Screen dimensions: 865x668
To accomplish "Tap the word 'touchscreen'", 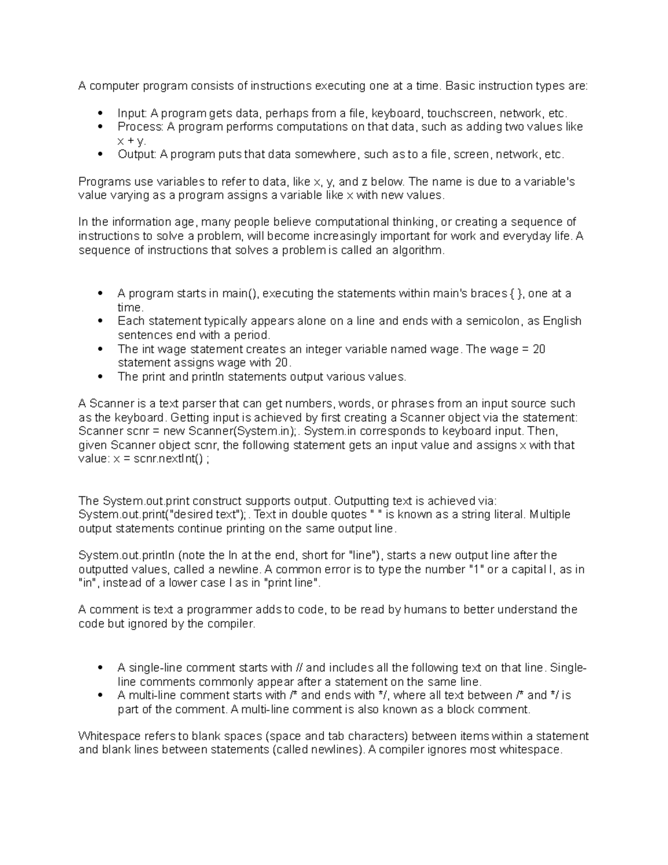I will click(x=460, y=114).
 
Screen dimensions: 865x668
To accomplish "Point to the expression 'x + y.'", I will click(x=132, y=141).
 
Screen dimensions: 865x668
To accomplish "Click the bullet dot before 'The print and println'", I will click(x=100, y=377).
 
